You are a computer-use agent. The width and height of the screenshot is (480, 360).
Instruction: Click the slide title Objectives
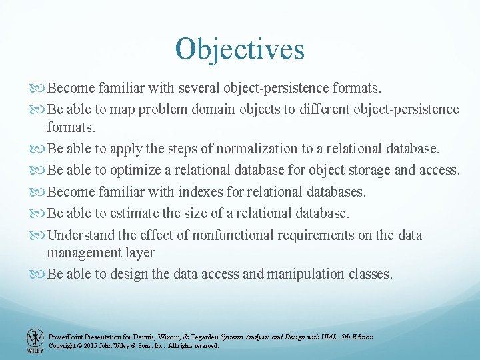(239, 49)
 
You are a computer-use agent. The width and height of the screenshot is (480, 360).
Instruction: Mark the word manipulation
(311, 274)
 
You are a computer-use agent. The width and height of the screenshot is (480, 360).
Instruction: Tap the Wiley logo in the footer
(35, 340)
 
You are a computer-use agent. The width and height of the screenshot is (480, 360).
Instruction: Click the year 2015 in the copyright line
(90, 346)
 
